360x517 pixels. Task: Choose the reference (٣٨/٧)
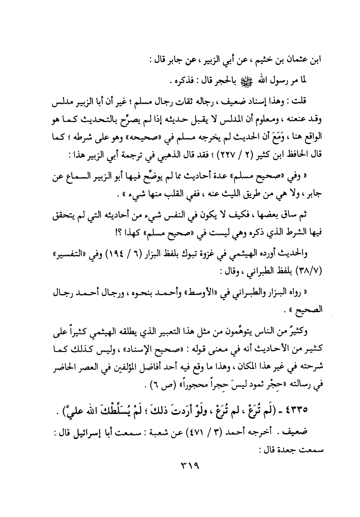tap(312, 266)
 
